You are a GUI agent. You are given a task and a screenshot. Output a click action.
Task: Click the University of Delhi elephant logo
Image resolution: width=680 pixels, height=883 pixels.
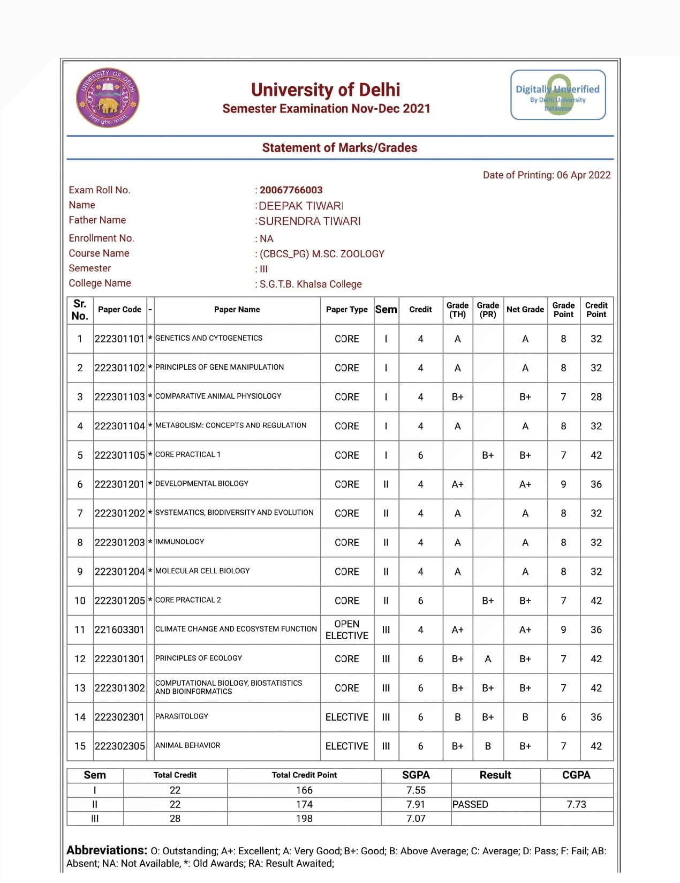click(x=108, y=99)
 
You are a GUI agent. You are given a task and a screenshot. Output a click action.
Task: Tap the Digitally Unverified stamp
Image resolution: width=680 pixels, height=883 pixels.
click(x=558, y=95)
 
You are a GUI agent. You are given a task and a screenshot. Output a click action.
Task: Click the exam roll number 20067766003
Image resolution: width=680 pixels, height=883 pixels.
click(x=291, y=190)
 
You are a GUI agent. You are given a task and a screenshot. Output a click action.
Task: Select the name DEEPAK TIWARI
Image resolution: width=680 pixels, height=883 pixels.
click(x=300, y=206)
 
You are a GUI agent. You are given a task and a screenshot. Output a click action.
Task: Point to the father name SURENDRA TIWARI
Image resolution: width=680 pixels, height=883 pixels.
click(x=309, y=221)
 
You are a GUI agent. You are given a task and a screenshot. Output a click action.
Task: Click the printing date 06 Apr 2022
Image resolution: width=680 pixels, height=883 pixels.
click(x=583, y=175)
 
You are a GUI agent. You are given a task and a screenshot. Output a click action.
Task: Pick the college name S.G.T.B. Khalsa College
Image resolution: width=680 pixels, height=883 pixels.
click(x=311, y=284)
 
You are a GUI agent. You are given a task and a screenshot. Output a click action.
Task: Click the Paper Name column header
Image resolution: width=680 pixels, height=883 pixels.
click(x=237, y=310)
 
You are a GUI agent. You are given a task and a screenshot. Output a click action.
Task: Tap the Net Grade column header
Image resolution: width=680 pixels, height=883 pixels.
click(x=525, y=310)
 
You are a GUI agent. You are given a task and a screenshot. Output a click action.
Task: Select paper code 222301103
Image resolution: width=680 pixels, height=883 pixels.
click(x=119, y=397)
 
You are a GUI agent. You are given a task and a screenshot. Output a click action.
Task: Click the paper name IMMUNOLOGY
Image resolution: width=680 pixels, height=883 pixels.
click(x=179, y=542)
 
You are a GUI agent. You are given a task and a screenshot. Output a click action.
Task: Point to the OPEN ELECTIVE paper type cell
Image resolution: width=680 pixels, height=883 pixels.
click(x=346, y=630)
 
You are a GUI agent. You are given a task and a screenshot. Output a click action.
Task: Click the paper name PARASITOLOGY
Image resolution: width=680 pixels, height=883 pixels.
click(x=182, y=716)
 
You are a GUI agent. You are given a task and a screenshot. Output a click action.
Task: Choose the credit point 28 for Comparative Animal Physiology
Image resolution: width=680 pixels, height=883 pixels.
click(x=596, y=397)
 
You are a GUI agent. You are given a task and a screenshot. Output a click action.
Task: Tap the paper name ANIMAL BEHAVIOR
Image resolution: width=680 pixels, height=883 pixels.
click(x=187, y=745)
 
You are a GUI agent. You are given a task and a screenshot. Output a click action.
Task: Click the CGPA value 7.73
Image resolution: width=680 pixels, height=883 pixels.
click(x=576, y=804)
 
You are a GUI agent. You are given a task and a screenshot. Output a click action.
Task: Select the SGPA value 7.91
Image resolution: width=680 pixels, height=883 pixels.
click(x=415, y=804)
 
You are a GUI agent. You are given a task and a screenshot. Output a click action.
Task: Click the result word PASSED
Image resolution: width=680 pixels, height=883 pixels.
click(x=470, y=804)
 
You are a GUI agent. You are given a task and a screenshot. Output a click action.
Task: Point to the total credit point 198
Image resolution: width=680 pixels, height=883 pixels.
click(x=304, y=819)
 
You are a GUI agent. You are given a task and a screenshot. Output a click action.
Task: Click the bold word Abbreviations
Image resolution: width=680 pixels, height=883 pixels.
click(x=107, y=850)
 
